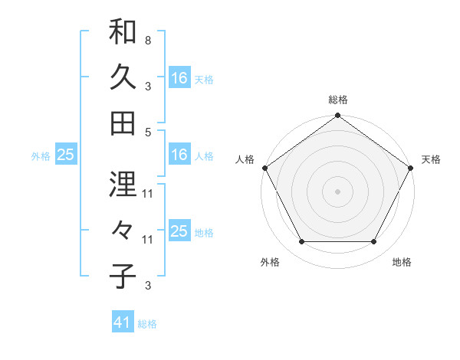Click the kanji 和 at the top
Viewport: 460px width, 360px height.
[x=123, y=33]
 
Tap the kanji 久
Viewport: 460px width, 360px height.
[x=123, y=77]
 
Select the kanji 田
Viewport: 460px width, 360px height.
[x=123, y=123]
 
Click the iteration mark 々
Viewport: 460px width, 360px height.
[x=123, y=231]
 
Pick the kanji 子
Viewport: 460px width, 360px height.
[x=123, y=276]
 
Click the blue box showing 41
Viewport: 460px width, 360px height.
[x=123, y=322]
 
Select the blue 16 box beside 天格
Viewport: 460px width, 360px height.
[x=179, y=78]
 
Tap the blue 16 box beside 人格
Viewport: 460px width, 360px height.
[x=179, y=155]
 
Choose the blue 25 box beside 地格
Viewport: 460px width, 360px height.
[x=179, y=231]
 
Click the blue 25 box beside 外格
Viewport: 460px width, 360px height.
[x=66, y=155]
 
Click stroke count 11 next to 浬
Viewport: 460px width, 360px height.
[x=148, y=194]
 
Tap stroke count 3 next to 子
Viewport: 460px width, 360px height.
[x=147, y=286]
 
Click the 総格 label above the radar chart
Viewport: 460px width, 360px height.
[x=338, y=100]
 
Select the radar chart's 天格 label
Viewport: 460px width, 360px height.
[x=431, y=159]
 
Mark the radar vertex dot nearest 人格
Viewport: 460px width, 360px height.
[x=265, y=168]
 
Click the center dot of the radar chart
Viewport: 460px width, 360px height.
[x=338, y=191]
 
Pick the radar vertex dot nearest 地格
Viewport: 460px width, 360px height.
[x=374, y=242]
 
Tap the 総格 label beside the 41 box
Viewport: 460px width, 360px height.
[x=147, y=324]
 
